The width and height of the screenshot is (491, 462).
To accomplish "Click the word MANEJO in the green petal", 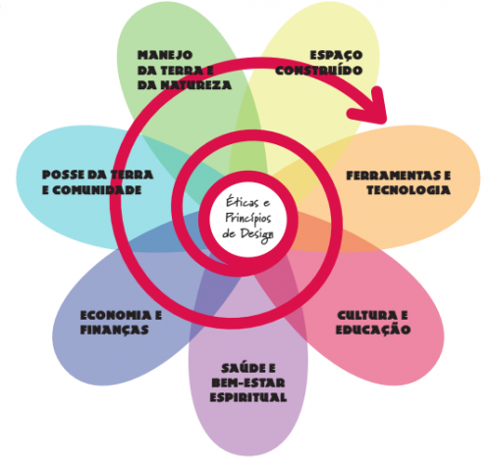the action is (165, 55).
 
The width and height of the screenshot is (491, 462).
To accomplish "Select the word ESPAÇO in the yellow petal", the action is (336, 55).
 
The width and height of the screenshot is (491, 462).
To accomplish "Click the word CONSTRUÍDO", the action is (319, 71).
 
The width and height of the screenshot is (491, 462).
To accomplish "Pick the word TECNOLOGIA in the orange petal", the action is (409, 190).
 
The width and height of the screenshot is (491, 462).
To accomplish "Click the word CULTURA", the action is (365, 316).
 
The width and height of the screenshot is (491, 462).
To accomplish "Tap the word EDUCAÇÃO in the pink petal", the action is (373, 330).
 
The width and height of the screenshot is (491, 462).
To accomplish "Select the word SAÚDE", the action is (244, 368).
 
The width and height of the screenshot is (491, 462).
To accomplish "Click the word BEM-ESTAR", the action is (248, 383).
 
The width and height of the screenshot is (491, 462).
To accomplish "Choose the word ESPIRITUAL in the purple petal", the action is (248, 397).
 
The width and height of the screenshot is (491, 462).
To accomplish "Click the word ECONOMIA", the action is (116, 316).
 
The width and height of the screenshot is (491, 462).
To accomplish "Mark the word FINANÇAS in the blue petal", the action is (114, 330).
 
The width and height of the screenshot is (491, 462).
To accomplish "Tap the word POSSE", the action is (63, 175).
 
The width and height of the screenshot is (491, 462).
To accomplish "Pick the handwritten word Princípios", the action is (248, 219).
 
